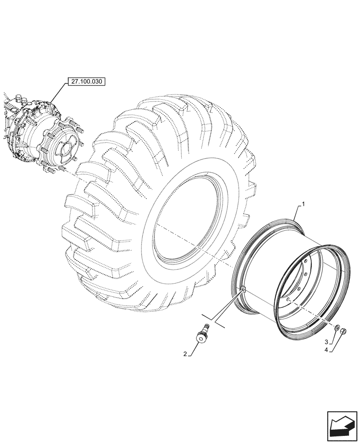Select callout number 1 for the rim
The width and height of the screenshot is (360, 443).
coord(303,204)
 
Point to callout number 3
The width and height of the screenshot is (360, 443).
coord(327,342)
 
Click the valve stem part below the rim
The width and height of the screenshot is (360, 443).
coord(204,334)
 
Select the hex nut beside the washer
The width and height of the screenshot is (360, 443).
coord(344,331)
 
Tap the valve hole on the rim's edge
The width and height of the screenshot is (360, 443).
coord(243,290)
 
